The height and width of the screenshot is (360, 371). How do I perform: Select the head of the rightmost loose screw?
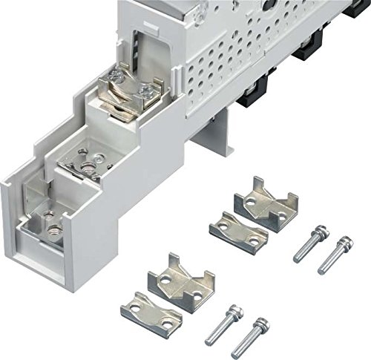tap(345, 242)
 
